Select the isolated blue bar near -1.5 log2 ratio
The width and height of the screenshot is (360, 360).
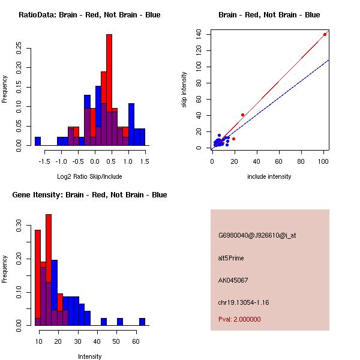[38, 141]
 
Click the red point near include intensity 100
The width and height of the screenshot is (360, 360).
[325, 34]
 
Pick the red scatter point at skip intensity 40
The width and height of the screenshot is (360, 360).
[242, 115]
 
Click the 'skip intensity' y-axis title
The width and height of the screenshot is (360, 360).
[185, 90]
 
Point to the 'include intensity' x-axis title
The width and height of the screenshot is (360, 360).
[269, 176]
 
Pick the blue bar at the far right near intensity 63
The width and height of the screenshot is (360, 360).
[142, 322]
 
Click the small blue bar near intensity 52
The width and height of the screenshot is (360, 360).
[119, 322]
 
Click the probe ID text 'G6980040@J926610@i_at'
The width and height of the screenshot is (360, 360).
[257, 236]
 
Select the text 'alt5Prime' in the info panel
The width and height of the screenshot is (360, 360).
[231, 259]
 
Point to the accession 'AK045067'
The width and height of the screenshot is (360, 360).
[233, 280]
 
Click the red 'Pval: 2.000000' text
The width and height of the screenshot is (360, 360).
[239, 319]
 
